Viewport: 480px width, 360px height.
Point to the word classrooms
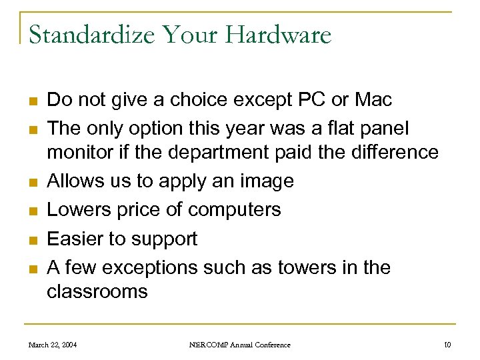coord(97,292)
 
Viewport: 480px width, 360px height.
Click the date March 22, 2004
coord(52,345)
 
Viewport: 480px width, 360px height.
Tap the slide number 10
coord(447,345)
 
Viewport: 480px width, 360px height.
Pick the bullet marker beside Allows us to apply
coord(31,182)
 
